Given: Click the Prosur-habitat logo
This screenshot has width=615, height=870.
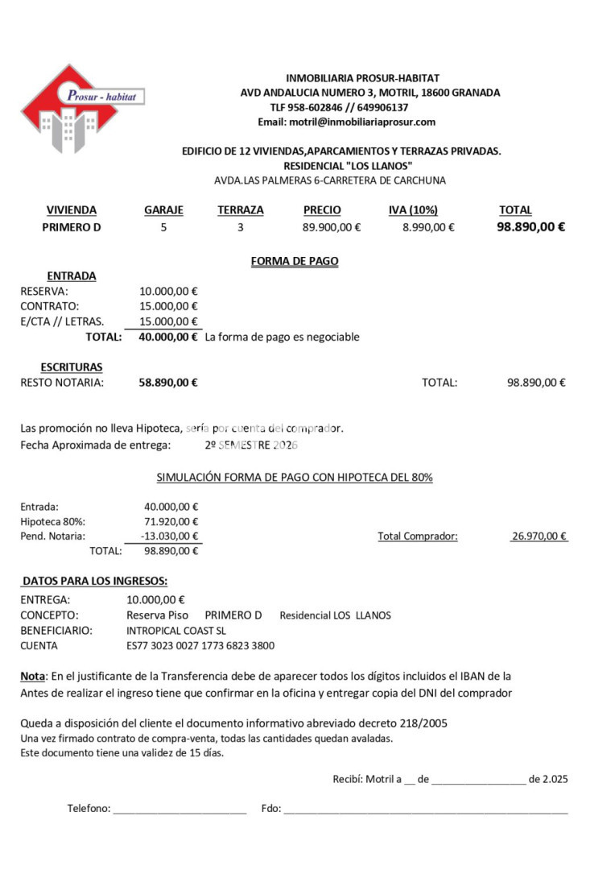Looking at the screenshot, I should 81,109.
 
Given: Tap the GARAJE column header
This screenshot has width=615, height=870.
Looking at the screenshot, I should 163,210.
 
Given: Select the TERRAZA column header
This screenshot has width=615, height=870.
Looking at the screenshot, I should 240,210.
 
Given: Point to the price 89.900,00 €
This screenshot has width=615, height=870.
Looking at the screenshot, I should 332,227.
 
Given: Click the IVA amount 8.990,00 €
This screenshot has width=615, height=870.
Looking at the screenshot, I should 428,227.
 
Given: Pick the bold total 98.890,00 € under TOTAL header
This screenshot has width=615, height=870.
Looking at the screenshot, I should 530,226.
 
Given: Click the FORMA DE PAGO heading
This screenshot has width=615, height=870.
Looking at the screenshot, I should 295,261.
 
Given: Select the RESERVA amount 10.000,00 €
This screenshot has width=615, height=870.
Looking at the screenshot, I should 168,292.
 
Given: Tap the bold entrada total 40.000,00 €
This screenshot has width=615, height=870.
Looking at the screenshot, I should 167,337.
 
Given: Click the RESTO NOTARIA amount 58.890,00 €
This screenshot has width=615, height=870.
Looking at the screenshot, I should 167,383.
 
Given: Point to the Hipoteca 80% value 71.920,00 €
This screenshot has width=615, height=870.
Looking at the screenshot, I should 171,522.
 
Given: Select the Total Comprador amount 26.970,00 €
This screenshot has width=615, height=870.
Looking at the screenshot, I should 539,536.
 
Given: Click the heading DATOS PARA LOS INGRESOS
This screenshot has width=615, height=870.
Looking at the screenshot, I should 95,581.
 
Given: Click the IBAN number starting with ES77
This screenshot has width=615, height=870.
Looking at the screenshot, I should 200,645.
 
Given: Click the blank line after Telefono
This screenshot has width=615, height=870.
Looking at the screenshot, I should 180,810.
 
